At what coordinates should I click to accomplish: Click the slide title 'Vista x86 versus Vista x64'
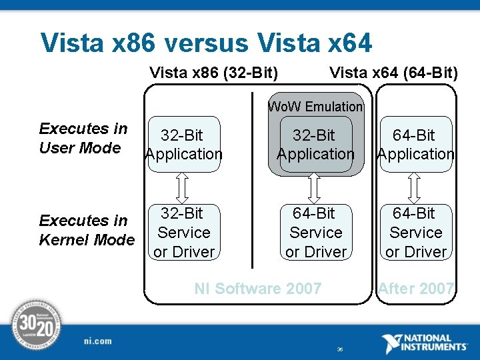(x=206, y=43)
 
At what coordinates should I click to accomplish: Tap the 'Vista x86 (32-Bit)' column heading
(x=213, y=72)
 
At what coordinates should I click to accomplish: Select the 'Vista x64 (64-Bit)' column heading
(x=393, y=72)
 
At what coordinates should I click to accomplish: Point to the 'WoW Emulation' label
(x=315, y=106)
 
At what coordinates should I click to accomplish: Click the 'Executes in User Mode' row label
(x=83, y=138)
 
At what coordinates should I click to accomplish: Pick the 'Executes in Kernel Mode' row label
(x=87, y=229)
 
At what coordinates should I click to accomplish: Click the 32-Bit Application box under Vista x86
(x=183, y=145)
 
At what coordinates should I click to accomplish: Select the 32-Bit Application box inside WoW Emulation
(x=315, y=145)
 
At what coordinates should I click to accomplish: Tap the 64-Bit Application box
(x=415, y=145)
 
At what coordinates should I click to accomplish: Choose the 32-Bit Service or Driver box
(x=183, y=232)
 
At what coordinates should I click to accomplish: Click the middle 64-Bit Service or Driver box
(x=315, y=232)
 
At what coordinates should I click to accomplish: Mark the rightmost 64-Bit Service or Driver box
(x=415, y=232)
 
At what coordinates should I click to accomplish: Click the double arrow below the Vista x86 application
(x=183, y=188)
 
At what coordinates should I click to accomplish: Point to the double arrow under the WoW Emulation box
(x=315, y=188)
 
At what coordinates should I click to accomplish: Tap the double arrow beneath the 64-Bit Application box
(x=415, y=188)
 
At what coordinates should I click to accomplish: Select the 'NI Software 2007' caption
(x=257, y=289)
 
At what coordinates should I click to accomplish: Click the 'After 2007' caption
(x=416, y=289)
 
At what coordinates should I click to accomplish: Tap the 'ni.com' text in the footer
(x=99, y=341)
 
